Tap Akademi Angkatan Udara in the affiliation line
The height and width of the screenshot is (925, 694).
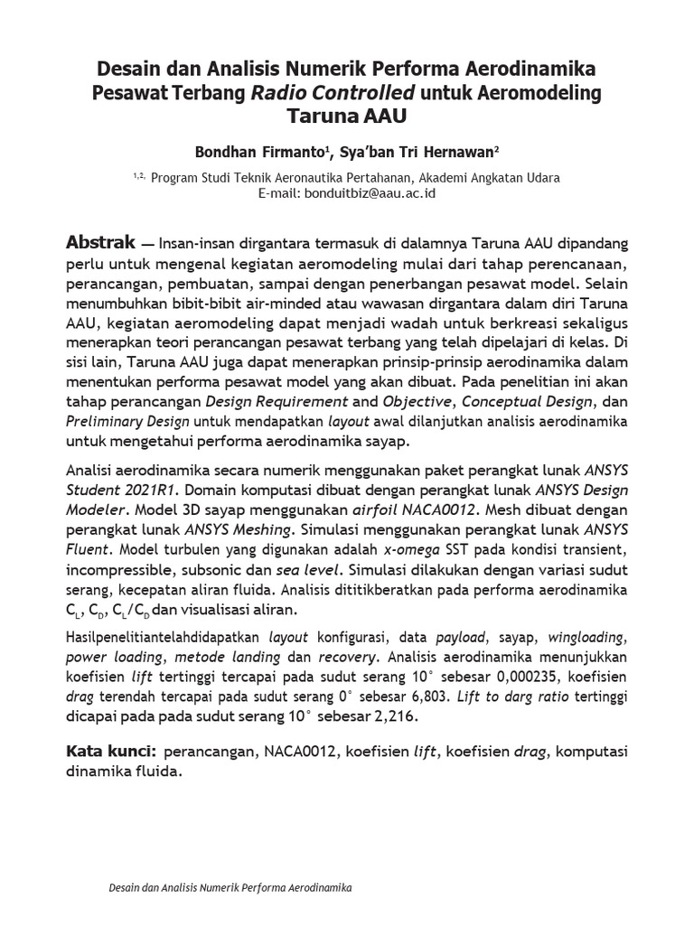492,178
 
